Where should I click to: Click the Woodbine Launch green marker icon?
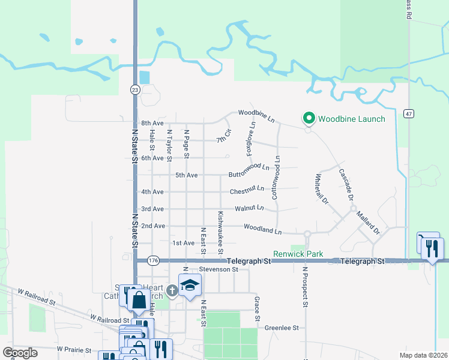point(309,118)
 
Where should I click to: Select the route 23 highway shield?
point(134,89)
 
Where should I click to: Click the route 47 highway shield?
point(408,113)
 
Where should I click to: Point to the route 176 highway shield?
point(153,260)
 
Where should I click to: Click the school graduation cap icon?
point(189,285)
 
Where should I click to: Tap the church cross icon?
point(172,291)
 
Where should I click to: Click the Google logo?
point(20,353)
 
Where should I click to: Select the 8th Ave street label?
point(152,122)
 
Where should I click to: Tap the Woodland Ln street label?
point(262,229)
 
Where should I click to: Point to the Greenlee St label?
point(282,328)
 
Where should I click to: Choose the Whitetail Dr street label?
point(321,190)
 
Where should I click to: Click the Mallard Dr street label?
point(368,222)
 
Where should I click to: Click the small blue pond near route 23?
point(145,78)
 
